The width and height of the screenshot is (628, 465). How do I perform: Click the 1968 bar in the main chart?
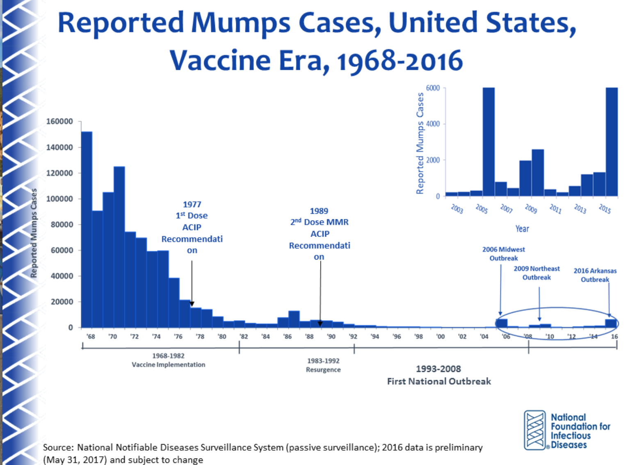pyautogui.click(x=87, y=230)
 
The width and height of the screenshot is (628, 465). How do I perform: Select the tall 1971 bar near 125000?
pyautogui.click(x=119, y=246)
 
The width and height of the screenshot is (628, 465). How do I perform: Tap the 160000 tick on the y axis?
pyautogui.click(x=59, y=121)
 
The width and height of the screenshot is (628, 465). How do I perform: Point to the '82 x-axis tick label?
pyautogui.click(x=244, y=337)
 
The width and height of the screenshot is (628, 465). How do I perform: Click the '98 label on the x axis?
pyautogui.click(x=418, y=337)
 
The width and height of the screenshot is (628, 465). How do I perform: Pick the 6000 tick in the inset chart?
pyautogui.click(x=433, y=88)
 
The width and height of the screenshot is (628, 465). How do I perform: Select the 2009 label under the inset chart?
pyautogui.click(x=531, y=209)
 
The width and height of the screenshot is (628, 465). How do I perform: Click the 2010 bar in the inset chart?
pyautogui.click(x=538, y=173)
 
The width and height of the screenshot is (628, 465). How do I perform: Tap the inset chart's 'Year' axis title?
pyautogui.click(x=522, y=229)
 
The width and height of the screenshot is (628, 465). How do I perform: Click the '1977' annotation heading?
pyautogui.click(x=192, y=204)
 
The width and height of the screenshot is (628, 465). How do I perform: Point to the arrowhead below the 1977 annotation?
pyautogui.click(x=192, y=304)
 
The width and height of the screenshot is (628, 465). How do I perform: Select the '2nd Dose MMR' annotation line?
pyautogui.click(x=320, y=222)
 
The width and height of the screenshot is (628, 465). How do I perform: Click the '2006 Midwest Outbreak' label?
pyautogui.click(x=503, y=254)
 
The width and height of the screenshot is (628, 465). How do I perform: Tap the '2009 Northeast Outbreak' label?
pyautogui.click(x=537, y=273)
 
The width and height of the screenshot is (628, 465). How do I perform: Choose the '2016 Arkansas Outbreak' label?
pyautogui.click(x=595, y=275)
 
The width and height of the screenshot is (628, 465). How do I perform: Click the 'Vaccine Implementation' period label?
pyautogui.click(x=168, y=365)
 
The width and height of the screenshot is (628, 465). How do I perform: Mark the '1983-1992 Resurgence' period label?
pyautogui.click(x=323, y=365)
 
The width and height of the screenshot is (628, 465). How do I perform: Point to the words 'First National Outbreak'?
pyautogui.click(x=439, y=381)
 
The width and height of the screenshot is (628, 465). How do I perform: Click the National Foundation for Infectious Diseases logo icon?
pyautogui.click(x=535, y=430)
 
